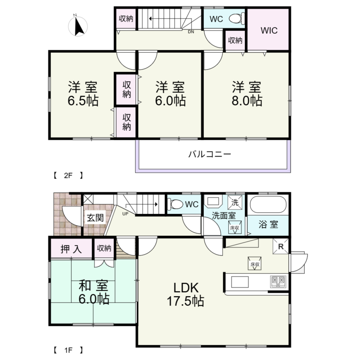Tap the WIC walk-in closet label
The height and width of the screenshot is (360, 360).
pyautogui.click(x=269, y=30)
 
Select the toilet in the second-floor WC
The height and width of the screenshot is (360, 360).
pyautogui.click(x=237, y=18)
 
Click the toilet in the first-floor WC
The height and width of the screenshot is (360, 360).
pyautogui.click(x=175, y=204)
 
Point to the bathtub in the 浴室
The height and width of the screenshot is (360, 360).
pyautogui.click(x=268, y=204)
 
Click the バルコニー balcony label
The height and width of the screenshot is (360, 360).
pyautogui.click(x=210, y=154)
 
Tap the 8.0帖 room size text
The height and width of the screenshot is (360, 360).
pyautogui.click(x=247, y=101)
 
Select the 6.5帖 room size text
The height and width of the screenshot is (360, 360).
pyautogui.click(x=83, y=101)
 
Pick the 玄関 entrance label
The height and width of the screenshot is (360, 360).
pyautogui.click(x=95, y=218)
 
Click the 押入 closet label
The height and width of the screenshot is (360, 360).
pyautogui.click(x=71, y=249)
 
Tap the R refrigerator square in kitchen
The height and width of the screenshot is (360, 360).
pyautogui.click(x=281, y=246)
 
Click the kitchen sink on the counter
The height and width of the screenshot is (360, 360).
pyautogui.click(x=240, y=282)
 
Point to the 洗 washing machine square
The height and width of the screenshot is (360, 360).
pyautogui.click(x=235, y=202)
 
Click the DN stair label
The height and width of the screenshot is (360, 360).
pyautogui.click(x=191, y=32)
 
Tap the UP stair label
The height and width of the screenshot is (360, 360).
pyautogui.click(x=125, y=214)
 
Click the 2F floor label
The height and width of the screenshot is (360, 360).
pyautogui.click(x=68, y=176)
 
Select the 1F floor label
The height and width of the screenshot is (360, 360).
pyautogui.click(x=68, y=350)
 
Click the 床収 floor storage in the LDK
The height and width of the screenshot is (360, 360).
pyautogui.click(x=255, y=263)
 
